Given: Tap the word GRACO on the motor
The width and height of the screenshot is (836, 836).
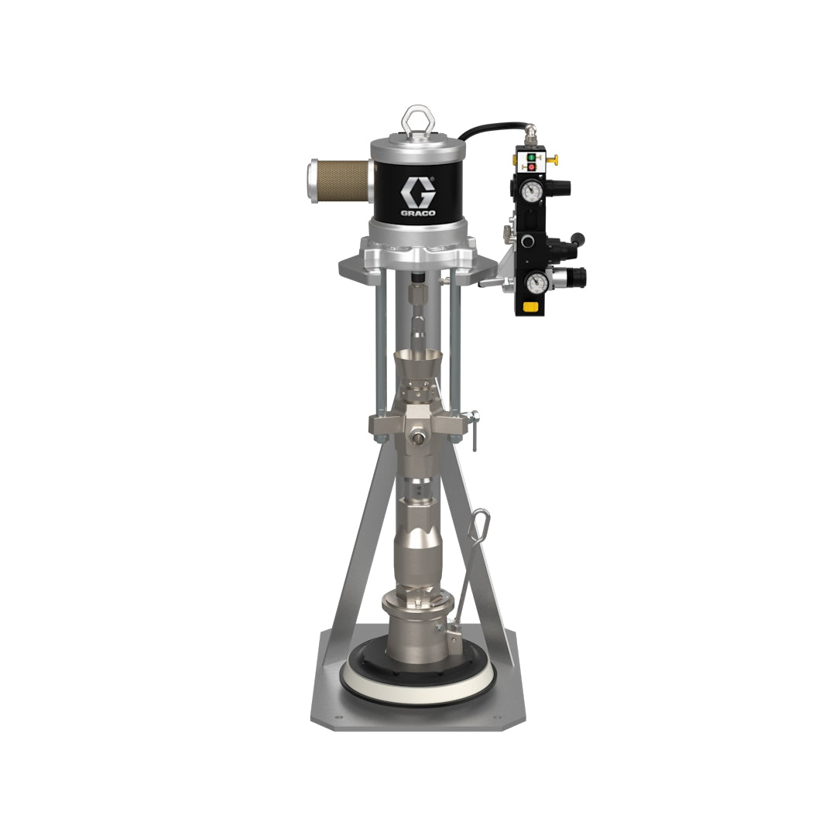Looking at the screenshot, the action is click(x=418, y=213).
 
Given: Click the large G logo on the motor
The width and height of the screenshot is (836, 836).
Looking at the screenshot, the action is click(x=418, y=192).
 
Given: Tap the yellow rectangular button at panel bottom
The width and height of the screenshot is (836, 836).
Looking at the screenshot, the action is click(x=530, y=306).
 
